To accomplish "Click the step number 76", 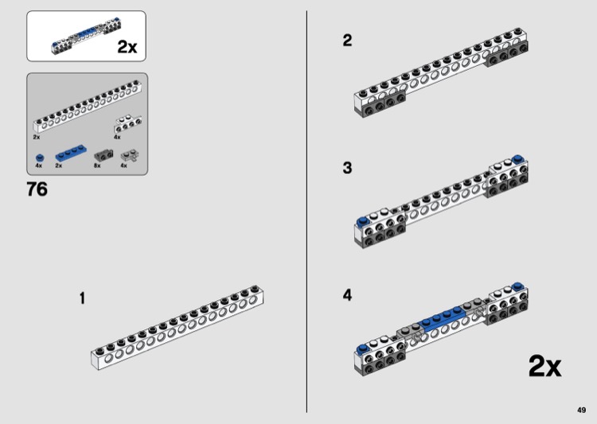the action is click(37, 189).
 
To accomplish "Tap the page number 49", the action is click(581, 410).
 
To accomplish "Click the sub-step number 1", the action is click(82, 298).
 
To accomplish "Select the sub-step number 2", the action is click(347, 41).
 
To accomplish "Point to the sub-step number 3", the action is click(347, 168).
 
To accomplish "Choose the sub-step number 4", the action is click(347, 295).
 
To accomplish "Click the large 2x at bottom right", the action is click(544, 366).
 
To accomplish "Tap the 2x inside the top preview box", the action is click(127, 47).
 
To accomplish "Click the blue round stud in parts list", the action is click(40, 158).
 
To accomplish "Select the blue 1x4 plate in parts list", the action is click(71, 153).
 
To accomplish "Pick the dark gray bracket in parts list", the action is click(103, 155).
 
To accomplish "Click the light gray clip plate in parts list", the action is click(130, 156).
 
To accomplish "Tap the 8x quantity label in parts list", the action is click(97, 165).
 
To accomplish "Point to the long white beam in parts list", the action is click(88, 106).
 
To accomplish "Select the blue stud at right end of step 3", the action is click(517, 159).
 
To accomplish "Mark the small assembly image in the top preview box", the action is click(87, 36).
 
